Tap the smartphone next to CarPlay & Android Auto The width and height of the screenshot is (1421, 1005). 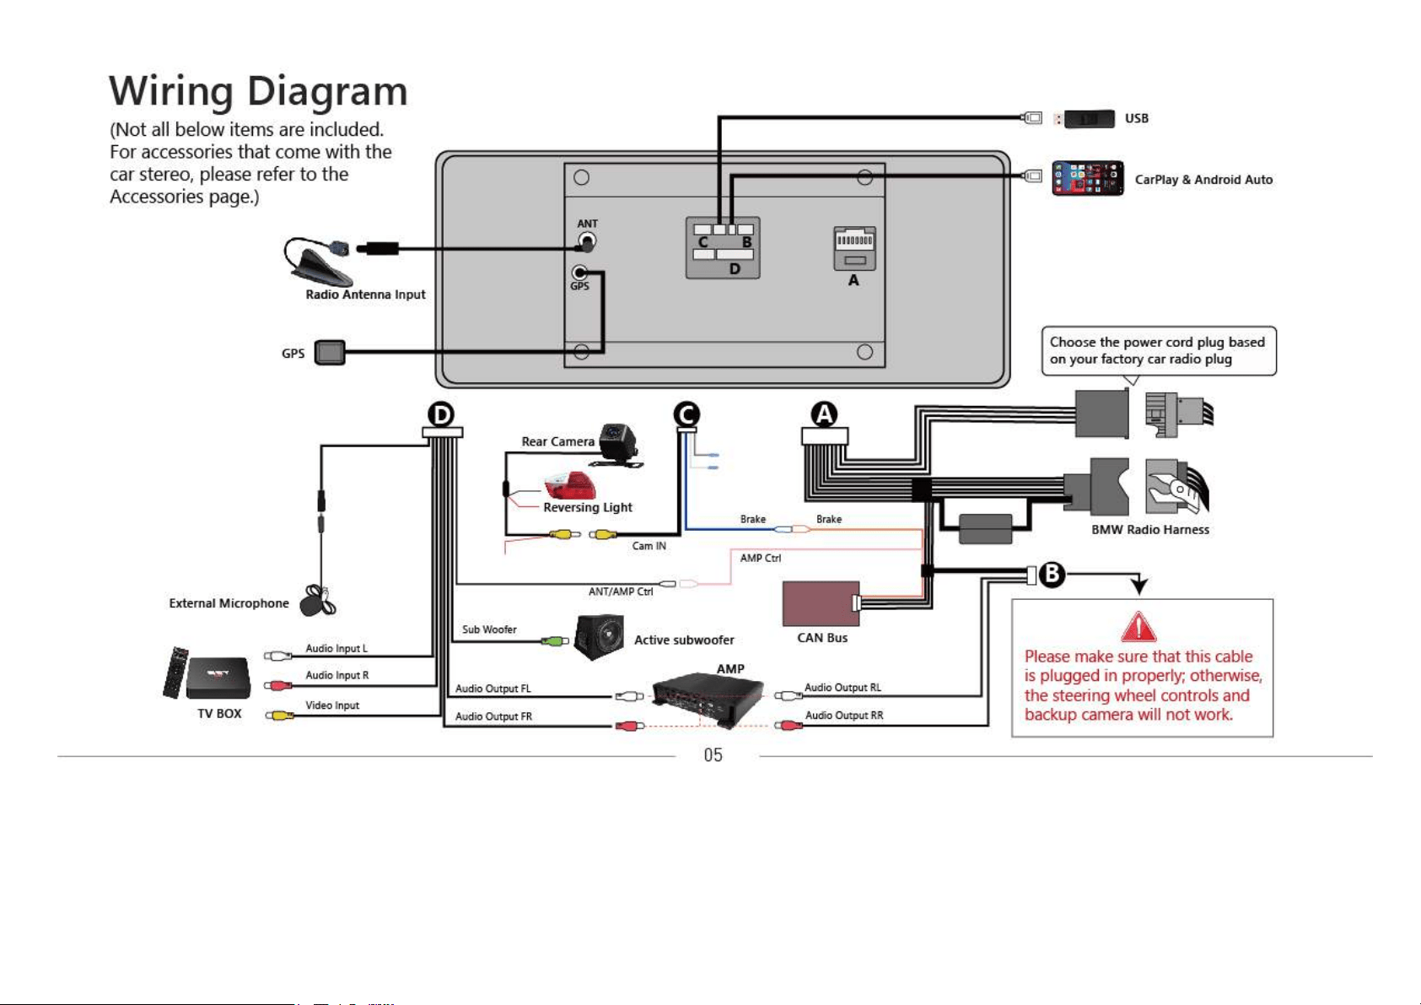pos(1087,178)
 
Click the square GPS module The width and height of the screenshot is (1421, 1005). pos(330,353)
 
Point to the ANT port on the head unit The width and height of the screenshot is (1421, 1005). pos(587,241)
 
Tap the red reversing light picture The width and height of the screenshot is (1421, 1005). pos(570,486)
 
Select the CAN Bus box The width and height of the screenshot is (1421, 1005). pos(821,604)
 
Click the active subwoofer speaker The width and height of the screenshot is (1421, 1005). pos(599,637)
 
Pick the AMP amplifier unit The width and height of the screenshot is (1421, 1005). pos(708,700)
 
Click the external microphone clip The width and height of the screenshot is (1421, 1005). pos(319,600)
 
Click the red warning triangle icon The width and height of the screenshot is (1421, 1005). pos(1138,627)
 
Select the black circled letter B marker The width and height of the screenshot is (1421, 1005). pos(1052,574)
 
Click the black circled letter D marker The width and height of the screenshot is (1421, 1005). pos(442,414)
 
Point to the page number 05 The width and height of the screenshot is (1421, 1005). pos(713,755)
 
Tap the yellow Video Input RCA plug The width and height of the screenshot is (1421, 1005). pos(280,716)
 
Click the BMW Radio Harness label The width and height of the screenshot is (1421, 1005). pos(1150,529)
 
